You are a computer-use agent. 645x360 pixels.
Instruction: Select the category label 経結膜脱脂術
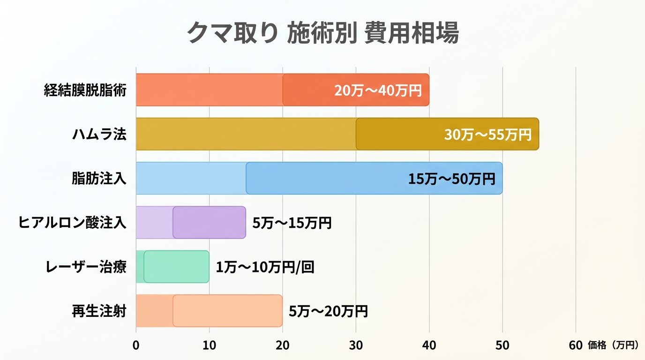(x=85, y=90)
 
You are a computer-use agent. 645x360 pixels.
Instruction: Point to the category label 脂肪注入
(x=99, y=178)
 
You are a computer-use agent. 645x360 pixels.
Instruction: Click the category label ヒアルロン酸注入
(x=72, y=222)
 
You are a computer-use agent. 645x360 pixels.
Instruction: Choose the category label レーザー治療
(x=86, y=267)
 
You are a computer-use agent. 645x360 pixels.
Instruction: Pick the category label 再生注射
(x=99, y=311)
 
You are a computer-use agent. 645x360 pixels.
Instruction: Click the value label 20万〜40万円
(x=378, y=90)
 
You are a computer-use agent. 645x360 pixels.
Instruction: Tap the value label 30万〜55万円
(x=487, y=135)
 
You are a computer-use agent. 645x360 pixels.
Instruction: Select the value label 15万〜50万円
(x=451, y=179)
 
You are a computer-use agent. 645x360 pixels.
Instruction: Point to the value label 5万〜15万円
(x=292, y=223)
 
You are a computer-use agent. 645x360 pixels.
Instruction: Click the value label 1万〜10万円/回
(x=265, y=267)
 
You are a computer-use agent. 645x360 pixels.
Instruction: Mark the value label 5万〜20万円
(x=328, y=311)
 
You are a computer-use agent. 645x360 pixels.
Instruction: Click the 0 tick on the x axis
(x=136, y=345)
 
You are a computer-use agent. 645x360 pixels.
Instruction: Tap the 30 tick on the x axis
(x=356, y=345)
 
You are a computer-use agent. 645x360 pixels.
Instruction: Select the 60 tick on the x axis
(x=576, y=345)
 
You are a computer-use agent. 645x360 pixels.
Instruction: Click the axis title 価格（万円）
(x=613, y=345)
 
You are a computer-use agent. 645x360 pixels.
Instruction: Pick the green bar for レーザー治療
(x=176, y=267)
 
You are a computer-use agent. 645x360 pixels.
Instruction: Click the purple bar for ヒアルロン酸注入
(x=209, y=222)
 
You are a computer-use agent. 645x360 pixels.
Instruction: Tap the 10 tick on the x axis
(x=209, y=345)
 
